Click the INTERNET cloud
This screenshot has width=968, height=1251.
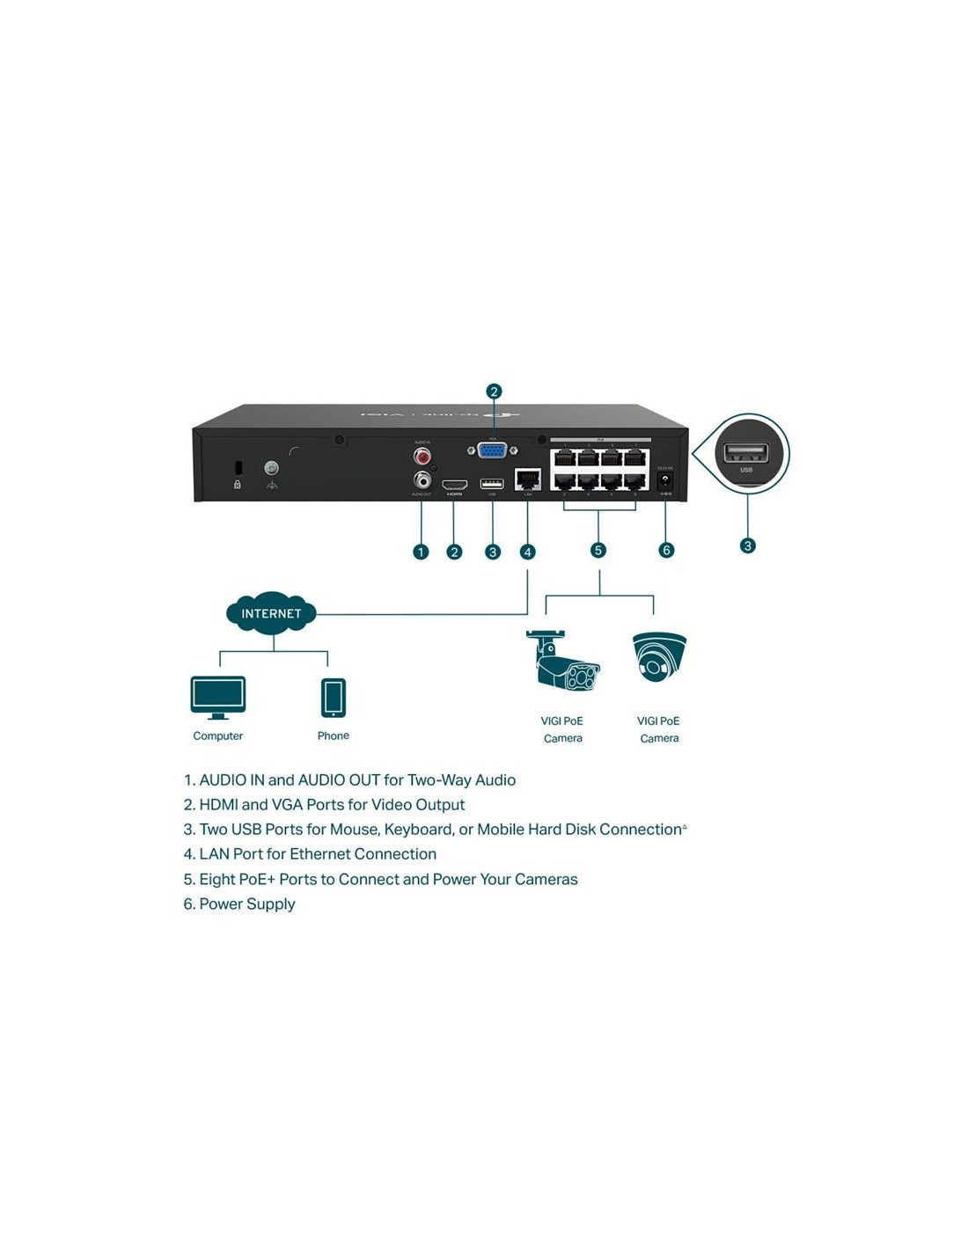click(x=271, y=613)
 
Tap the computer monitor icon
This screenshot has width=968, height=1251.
click(x=217, y=697)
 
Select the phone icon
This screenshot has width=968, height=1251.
click(x=334, y=698)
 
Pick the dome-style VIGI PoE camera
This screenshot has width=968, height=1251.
click(x=658, y=657)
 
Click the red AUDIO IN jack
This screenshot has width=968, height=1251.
click(x=422, y=457)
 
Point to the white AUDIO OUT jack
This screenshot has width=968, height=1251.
click(x=422, y=479)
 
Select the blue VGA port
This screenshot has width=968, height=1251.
click(x=492, y=450)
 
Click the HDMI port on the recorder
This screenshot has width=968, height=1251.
click(x=454, y=484)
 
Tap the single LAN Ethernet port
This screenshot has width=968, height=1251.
click(x=527, y=479)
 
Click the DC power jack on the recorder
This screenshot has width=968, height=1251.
click(x=665, y=480)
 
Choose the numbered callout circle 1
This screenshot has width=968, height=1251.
click(x=421, y=552)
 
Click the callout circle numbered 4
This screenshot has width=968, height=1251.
click(x=527, y=552)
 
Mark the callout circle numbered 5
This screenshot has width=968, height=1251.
click(x=598, y=550)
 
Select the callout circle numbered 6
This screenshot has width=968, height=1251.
click(x=666, y=550)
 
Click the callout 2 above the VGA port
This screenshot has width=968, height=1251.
click(x=494, y=391)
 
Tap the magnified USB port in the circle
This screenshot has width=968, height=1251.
click(x=745, y=453)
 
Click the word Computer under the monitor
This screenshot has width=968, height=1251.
click(x=217, y=735)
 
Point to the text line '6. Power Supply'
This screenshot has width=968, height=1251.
click(x=239, y=903)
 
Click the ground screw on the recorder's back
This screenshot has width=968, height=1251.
click(x=271, y=468)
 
